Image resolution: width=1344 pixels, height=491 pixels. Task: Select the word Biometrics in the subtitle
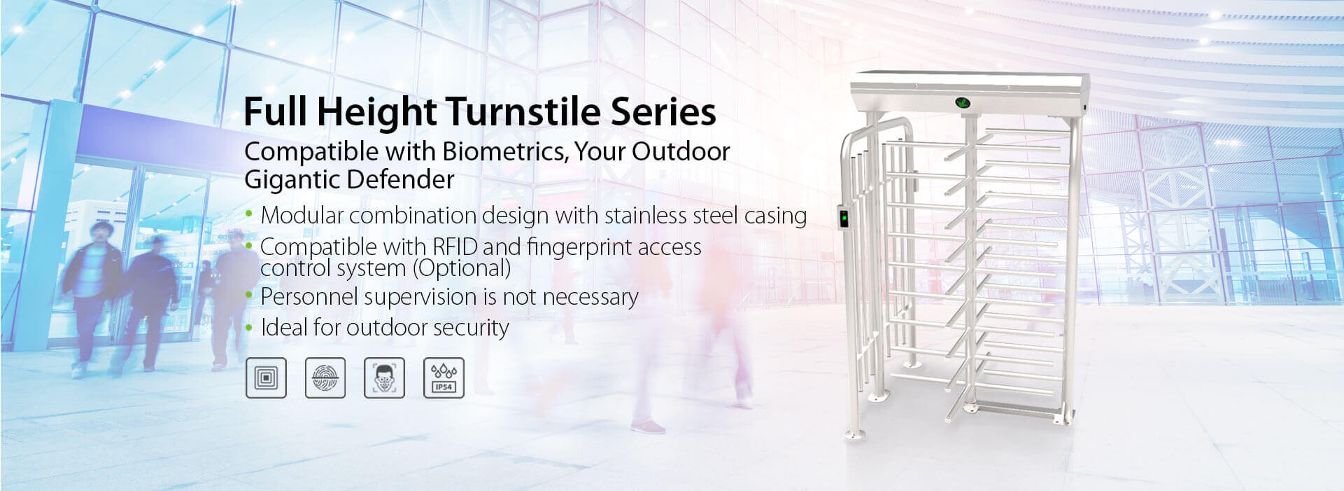pos(504,151)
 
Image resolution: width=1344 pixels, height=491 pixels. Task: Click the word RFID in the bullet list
pos(455,247)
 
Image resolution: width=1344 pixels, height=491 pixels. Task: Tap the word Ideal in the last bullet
pos(283,327)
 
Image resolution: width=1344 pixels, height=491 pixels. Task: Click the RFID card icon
pos(266,378)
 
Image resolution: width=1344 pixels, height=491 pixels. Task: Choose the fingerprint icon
pos(325,378)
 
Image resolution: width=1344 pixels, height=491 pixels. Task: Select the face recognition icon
pos(385,378)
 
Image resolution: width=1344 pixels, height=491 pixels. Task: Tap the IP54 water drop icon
pos(444,378)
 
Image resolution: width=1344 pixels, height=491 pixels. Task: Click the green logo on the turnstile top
pos(963,104)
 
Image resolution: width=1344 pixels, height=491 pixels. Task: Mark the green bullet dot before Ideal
pos(249,326)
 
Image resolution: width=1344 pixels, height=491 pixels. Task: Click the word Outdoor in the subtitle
pos(681,151)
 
